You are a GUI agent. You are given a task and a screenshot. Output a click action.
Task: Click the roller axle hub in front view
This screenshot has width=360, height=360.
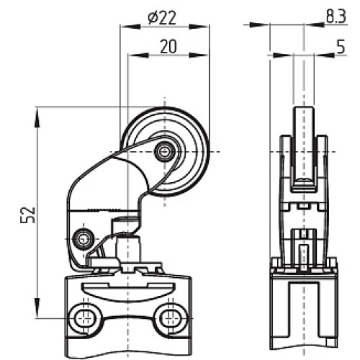point(166,150)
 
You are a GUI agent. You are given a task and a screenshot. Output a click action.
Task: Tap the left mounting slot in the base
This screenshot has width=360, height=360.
point(86,317)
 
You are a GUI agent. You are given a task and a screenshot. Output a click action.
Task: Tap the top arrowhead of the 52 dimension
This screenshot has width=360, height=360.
point(36,112)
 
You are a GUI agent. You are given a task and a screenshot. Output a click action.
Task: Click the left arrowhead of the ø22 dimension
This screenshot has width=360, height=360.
point(125,26)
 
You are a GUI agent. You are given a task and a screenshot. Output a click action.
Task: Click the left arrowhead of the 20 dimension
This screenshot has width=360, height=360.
point(132,54)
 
